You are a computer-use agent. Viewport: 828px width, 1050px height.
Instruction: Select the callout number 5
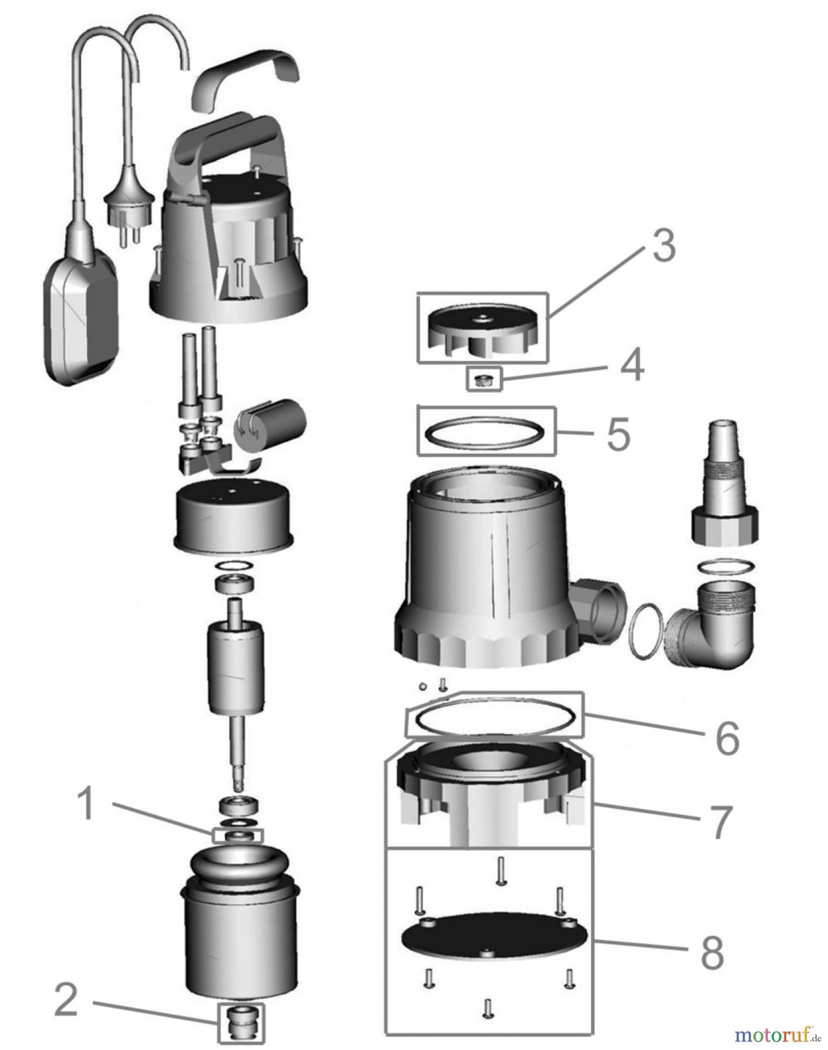click(618, 434)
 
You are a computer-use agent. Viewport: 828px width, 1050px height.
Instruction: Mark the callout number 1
click(86, 804)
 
